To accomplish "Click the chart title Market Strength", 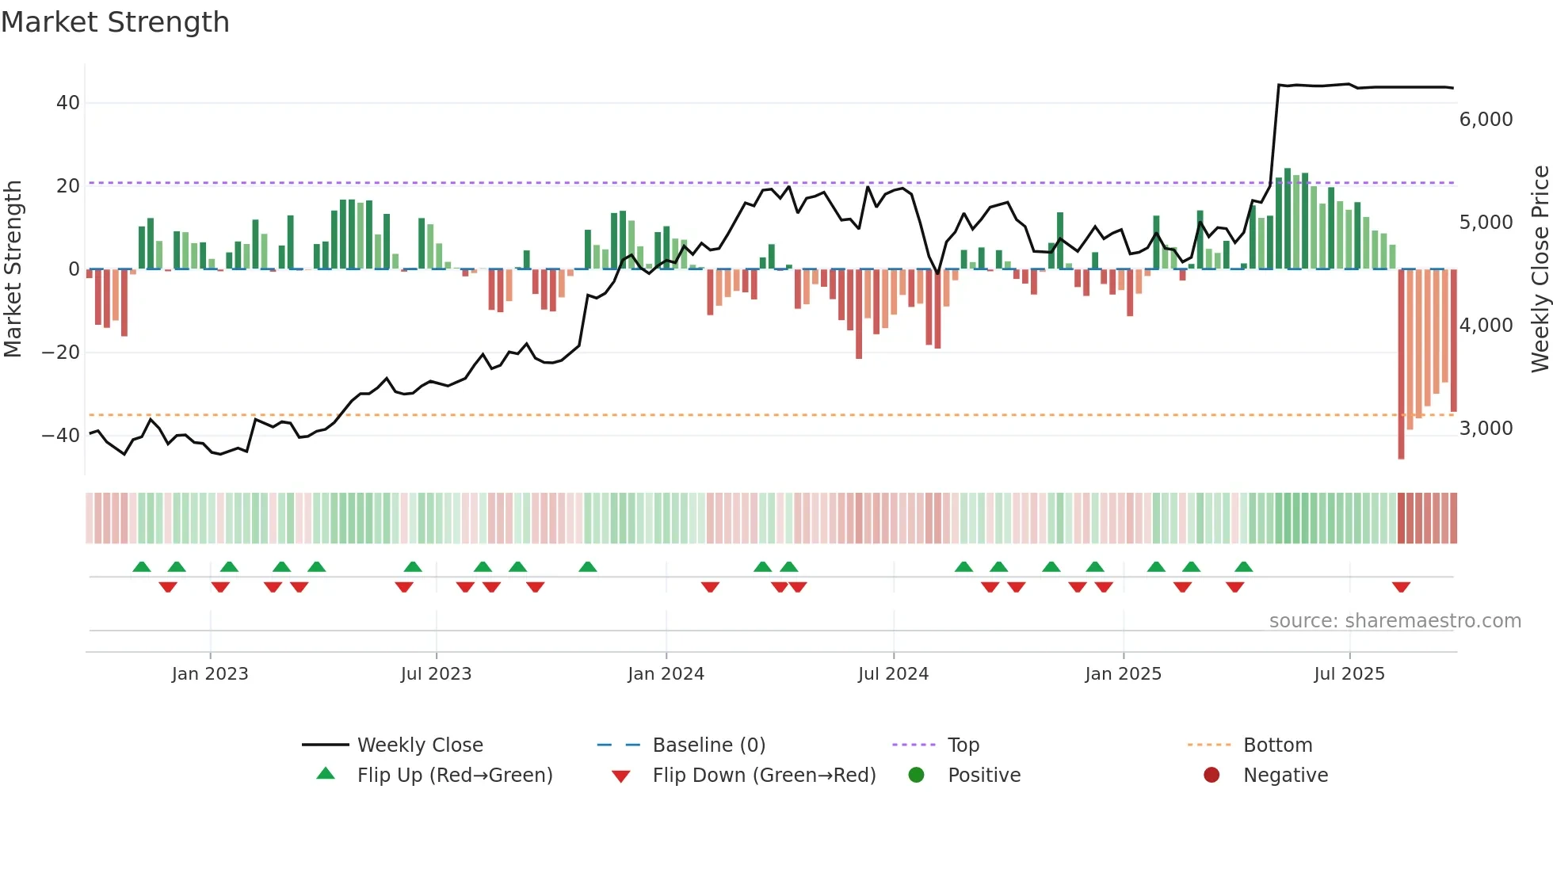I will click(x=115, y=22).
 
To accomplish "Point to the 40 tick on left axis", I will click(x=67, y=103).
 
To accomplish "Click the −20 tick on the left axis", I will click(x=60, y=353).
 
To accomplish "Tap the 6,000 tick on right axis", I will click(x=1486, y=120).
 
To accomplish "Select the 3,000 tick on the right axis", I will click(x=1486, y=429).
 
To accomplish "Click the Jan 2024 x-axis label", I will click(x=666, y=674).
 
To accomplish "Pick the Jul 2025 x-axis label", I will click(x=1349, y=674).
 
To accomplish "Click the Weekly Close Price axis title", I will click(x=1540, y=269).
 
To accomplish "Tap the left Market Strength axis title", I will click(x=13, y=269).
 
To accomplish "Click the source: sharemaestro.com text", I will click(x=1395, y=621).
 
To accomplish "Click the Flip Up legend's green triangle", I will click(x=326, y=774).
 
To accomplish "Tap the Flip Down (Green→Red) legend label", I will click(x=764, y=776).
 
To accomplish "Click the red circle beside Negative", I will click(x=1211, y=775).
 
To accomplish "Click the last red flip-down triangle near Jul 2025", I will click(x=1401, y=587).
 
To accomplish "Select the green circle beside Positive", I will click(x=916, y=775).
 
